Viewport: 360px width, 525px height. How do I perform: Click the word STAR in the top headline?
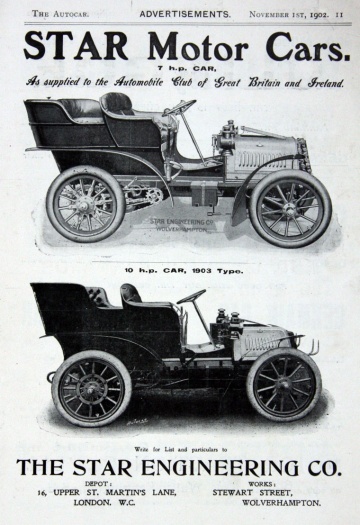point(69,47)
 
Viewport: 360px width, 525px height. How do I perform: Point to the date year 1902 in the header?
point(317,13)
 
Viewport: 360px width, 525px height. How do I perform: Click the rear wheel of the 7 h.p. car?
point(85,203)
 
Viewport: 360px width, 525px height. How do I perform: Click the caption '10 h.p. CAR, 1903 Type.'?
point(180,268)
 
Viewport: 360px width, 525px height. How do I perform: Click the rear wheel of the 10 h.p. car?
point(92,387)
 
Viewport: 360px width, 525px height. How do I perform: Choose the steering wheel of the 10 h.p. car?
point(191,296)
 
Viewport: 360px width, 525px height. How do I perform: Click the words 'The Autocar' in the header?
point(55,13)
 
